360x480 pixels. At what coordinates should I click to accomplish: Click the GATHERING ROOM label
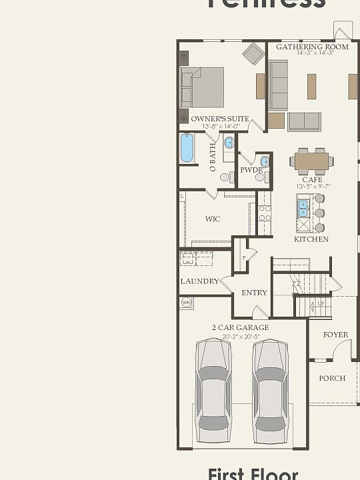coord(312,47)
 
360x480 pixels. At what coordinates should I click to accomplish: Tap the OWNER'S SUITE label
coord(220,119)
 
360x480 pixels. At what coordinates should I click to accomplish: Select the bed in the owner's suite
coord(203,87)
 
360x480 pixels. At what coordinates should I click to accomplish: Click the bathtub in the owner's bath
coord(187,149)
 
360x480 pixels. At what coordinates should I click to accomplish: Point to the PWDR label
coord(251,170)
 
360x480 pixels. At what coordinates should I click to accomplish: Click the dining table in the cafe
coord(312,161)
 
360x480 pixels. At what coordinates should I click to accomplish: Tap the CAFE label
coord(312,179)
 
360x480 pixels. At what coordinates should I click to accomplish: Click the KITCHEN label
coord(311,239)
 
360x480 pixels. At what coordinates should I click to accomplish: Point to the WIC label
coord(213,219)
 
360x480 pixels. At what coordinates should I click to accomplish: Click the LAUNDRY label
coord(199,281)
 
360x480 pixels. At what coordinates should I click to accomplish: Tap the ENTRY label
coord(254,292)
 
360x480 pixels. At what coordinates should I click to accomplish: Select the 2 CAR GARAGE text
coord(241,327)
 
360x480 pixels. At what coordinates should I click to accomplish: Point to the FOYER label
coord(335,335)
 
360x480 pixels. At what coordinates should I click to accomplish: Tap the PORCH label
coord(332,378)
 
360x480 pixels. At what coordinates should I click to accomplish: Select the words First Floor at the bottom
coord(253,474)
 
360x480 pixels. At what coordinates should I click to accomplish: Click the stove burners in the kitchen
coord(265,213)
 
